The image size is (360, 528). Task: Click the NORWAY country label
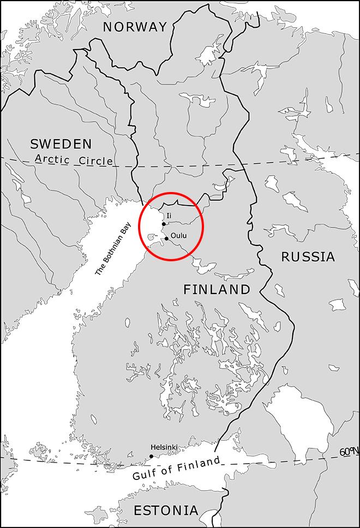[135, 27]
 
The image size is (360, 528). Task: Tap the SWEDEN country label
[61, 144]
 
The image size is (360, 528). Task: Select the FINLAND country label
[217, 289]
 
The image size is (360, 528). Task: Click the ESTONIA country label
[166, 511]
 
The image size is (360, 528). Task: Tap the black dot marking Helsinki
[151, 456]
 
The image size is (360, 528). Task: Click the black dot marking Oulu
[166, 238]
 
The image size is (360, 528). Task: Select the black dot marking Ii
[164, 224]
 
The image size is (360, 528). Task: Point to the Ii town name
[169, 216]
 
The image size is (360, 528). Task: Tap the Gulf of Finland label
[176, 468]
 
